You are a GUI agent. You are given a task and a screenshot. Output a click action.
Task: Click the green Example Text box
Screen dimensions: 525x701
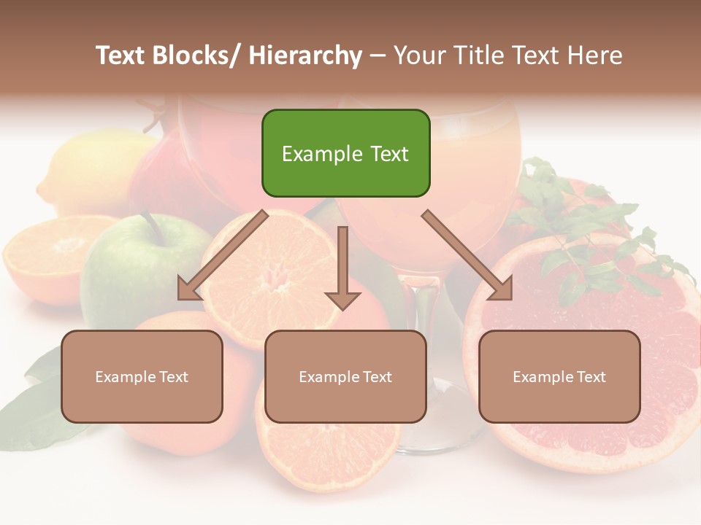point(345,153)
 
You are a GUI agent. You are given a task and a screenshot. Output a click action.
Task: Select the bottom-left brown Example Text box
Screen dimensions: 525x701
point(142,376)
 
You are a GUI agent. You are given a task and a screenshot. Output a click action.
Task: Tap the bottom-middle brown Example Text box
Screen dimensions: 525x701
point(345,376)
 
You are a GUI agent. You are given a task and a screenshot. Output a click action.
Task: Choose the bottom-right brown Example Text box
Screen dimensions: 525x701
point(559,376)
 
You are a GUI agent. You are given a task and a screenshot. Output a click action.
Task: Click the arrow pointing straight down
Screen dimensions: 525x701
point(342,270)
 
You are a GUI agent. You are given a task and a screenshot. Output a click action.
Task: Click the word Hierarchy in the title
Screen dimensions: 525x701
point(305,56)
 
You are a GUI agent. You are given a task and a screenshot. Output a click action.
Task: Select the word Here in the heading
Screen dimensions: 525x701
point(596,56)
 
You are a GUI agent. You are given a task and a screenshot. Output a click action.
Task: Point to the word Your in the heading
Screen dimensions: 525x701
point(417,56)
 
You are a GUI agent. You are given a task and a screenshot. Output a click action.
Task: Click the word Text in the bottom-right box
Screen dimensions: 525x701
point(591,376)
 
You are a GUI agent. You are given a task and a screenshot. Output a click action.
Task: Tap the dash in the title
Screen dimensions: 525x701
point(378,56)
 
